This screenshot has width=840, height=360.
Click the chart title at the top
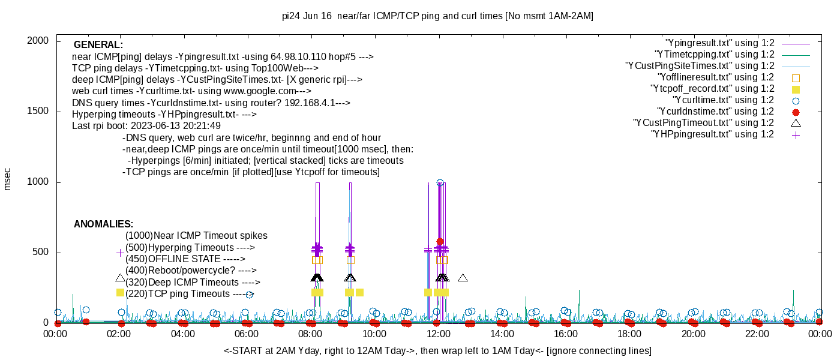tap(437, 16)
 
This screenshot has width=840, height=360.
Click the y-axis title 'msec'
tap(8, 179)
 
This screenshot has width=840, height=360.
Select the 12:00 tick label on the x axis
tap(438, 334)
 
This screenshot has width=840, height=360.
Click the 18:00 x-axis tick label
tap(629, 334)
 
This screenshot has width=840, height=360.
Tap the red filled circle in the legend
tap(796, 112)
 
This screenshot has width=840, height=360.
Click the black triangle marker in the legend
tap(796, 123)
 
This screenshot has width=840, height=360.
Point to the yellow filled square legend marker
tap(796, 89)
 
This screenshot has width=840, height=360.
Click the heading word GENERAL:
tap(98, 45)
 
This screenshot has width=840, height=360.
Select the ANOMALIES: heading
tap(103, 224)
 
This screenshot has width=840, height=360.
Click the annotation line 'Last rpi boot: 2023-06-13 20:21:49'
tap(146, 126)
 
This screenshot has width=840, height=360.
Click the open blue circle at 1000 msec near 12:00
tap(440, 183)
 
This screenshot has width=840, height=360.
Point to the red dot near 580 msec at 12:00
tap(440, 242)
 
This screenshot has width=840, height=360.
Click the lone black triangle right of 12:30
tap(463, 278)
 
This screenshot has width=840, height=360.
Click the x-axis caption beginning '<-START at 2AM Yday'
tap(437, 350)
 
